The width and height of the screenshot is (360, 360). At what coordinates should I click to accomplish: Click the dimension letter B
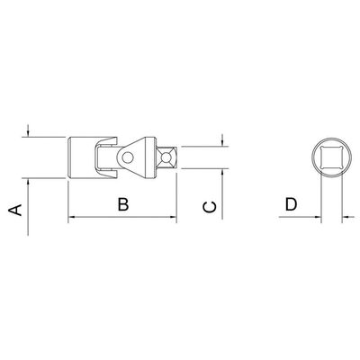[x=123, y=204]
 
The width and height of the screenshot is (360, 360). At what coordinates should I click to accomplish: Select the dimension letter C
[x=210, y=207]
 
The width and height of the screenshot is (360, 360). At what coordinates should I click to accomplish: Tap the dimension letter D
[x=291, y=204]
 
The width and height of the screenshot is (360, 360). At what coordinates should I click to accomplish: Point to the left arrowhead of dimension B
[x=72, y=216]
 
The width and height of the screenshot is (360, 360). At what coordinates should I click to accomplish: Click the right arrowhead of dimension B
[x=173, y=216]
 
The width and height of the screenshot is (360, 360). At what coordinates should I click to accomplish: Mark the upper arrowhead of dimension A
[x=28, y=133]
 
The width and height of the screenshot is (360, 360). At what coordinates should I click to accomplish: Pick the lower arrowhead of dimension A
[x=28, y=183]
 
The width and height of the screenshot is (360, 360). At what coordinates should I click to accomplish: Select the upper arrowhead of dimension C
[x=222, y=142]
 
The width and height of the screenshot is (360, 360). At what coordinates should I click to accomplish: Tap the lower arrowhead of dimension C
[x=222, y=173]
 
